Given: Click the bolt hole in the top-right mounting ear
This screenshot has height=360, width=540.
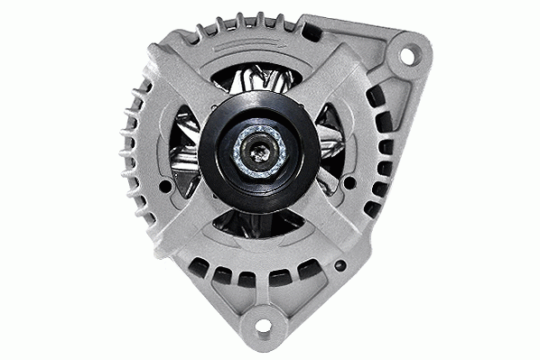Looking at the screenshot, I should point(406,56).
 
